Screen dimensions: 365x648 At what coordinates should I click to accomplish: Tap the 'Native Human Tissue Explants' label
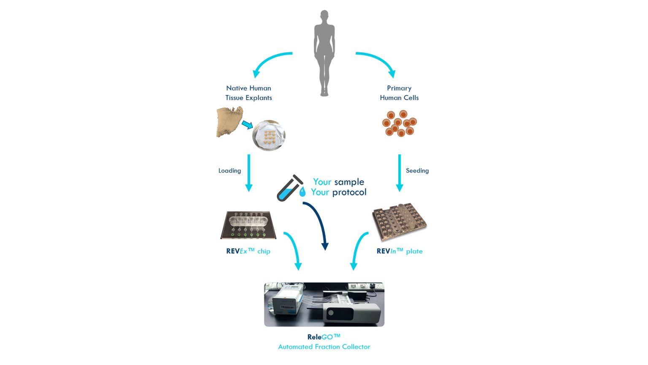248,93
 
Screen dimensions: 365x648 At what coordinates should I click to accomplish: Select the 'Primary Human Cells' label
399,93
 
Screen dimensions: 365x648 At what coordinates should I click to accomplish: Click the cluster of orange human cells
399,123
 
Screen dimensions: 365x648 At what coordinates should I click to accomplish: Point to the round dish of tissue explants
269,135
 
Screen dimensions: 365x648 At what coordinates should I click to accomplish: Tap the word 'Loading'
229,171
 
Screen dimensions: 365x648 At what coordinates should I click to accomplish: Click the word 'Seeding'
417,171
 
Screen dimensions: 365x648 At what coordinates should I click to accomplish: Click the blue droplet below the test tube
302,192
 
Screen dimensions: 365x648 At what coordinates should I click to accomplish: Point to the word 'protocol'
349,192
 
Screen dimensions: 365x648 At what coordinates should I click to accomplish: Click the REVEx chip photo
248,225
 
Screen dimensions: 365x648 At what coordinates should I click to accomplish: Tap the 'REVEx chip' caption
248,251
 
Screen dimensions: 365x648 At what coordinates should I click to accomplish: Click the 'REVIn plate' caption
399,251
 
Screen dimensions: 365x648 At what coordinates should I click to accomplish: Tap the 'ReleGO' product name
324,337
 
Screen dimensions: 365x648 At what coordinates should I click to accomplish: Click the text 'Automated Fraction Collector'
324,347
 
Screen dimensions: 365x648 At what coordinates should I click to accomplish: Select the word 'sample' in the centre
348,182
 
